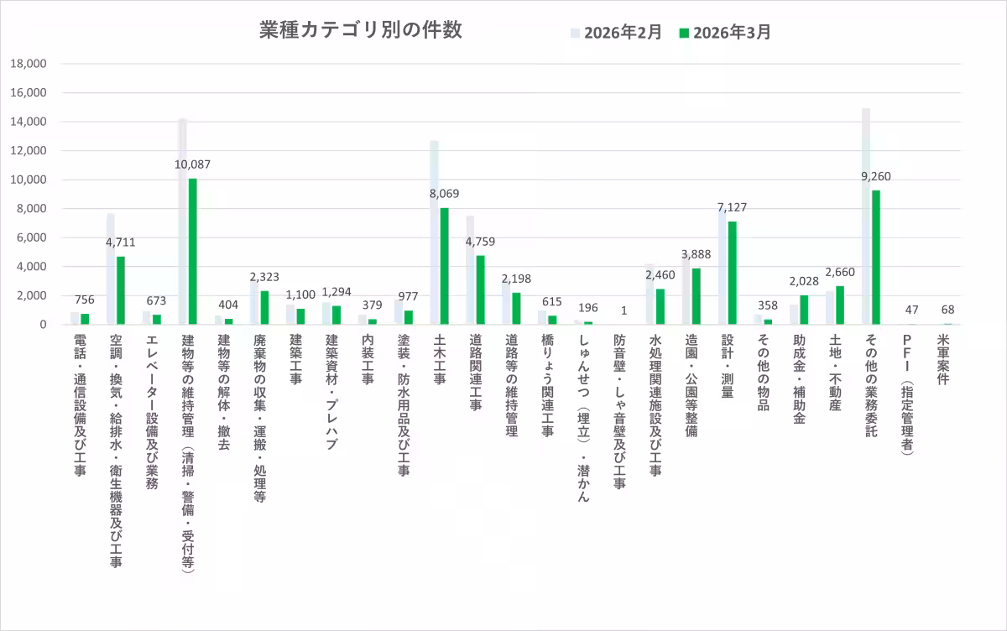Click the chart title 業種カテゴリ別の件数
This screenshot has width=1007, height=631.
tap(360, 30)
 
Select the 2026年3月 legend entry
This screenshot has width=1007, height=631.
tap(726, 33)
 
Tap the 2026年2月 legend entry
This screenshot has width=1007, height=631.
tap(617, 33)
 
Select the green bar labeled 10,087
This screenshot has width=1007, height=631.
tap(193, 252)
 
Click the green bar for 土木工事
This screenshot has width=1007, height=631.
tap(445, 266)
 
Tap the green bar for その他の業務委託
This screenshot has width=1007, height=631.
tap(876, 257)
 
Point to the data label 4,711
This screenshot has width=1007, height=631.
tap(120, 242)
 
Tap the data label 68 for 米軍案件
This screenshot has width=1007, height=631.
tap(948, 310)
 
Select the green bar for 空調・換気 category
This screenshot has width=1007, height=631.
tap(121, 290)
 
